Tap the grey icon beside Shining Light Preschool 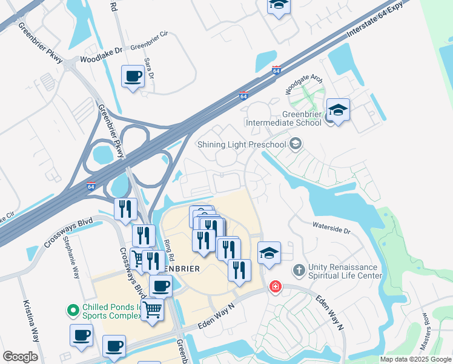click(x=296, y=144)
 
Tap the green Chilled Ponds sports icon click(x=73, y=311)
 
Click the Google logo click(x=20, y=357)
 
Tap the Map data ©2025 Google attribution click(x=415, y=359)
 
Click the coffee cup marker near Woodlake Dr click(x=133, y=77)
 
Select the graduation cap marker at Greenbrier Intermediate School click(x=338, y=110)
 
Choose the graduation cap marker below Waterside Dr click(x=269, y=253)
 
